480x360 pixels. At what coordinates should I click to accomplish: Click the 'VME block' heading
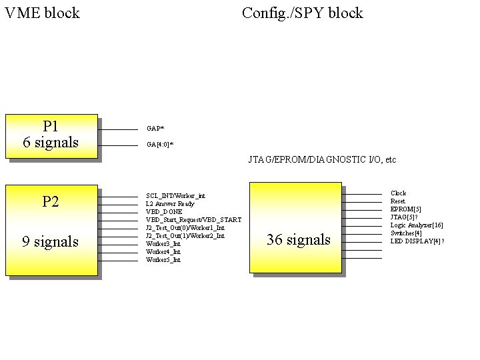pyautogui.click(x=42, y=13)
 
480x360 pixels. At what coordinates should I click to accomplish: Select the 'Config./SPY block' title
pyautogui.click(x=302, y=13)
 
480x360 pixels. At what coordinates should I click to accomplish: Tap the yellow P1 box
pyautogui.click(x=51, y=135)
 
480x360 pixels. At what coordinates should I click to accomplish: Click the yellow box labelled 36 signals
pyautogui.click(x=295, y=227)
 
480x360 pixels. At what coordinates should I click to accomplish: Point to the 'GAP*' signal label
pyautogui.click(x=155, y=128)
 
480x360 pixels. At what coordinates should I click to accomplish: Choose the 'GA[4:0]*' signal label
pyautogui.click(x=159, y=144)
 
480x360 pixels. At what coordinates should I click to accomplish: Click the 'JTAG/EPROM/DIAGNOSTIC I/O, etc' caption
pyautogui.click(x=322, y=160)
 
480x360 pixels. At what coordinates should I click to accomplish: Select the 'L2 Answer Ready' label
pyautogui.click(x=170, y=204)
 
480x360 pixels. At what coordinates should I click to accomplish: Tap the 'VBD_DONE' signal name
pyautogui.click(x=163, y=212)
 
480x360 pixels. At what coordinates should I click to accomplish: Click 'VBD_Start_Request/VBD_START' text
pyautogui.click(x=193, y=220)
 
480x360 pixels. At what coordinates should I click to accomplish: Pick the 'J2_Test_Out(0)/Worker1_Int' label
pyautogui.click(x=185, y=228)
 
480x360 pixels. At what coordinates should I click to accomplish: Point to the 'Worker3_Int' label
pyautogui.click(x=163, y=244)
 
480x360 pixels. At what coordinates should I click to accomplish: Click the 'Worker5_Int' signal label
pyautogui.click(x=163, y=260)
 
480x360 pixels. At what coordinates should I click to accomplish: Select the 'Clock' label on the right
pyautogui.click(x=398, y=193)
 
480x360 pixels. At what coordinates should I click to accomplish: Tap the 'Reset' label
pyautogui.click(x=398, y=201)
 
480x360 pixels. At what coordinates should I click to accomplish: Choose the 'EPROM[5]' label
pyautogui.click(x=405, y=209)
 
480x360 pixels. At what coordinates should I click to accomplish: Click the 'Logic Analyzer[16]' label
pyautogui.click(x=416, y=225)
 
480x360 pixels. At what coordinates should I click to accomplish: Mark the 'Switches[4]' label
pyautogui.click(x=406, y=233)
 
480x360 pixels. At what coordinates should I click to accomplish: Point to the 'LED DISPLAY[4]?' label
pyautogui.click(x=417, y=241)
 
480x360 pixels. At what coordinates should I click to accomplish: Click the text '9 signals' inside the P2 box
pyautogui.click(x=50, y=241)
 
